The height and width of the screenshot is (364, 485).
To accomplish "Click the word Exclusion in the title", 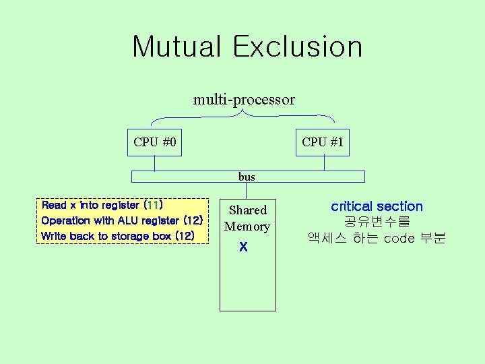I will pos(298,47).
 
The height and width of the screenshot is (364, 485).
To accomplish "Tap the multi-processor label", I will pos(244,100).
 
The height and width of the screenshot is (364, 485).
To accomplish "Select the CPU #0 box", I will pos(155,142).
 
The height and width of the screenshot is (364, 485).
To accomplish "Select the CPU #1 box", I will pos(323,142).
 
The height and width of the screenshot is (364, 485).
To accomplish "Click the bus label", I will pos(247,177).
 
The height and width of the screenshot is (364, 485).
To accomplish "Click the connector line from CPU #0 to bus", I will pos(155,163).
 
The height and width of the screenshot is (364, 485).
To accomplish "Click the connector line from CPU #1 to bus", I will pos(323,163).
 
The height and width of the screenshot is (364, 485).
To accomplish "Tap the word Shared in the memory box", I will pos(248,210).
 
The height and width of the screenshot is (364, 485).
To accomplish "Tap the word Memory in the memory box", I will pos(247,226).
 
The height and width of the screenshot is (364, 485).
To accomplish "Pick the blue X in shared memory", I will pos(244,248).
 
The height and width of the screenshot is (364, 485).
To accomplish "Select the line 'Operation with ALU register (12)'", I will pos(122,220).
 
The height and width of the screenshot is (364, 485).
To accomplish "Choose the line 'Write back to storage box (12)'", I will pos(118,236).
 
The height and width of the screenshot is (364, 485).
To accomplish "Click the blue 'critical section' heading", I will pos(377,207).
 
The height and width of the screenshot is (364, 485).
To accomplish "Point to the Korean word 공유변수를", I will pos(377,222).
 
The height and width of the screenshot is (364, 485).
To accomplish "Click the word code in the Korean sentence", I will pos(399,239).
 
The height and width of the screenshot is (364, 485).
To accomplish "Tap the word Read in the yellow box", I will pos(54,205).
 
